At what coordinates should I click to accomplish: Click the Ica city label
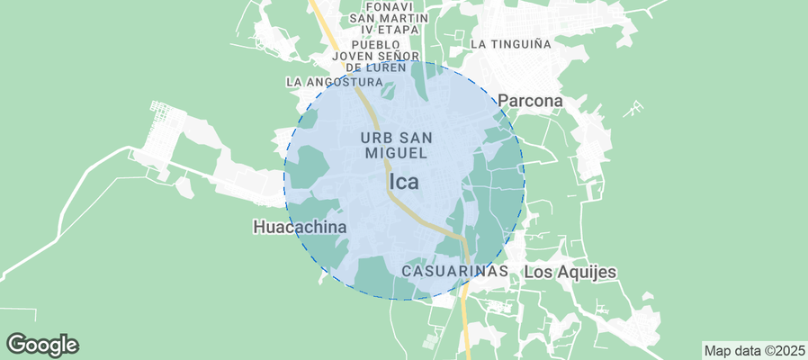tap(404, 182)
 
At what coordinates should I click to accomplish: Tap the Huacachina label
tap(300, 227)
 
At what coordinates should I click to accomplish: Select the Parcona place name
tap(530, 101)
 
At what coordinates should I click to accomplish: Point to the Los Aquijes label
tap(570, 271)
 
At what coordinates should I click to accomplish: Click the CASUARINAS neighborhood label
tap(454, 270)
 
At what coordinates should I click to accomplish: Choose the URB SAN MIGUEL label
tap(397, 145)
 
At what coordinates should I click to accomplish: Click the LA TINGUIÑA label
tap(510, 43)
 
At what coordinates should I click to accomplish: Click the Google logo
tap(42, 344)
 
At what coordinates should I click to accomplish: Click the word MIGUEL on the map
tap(397, 153)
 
